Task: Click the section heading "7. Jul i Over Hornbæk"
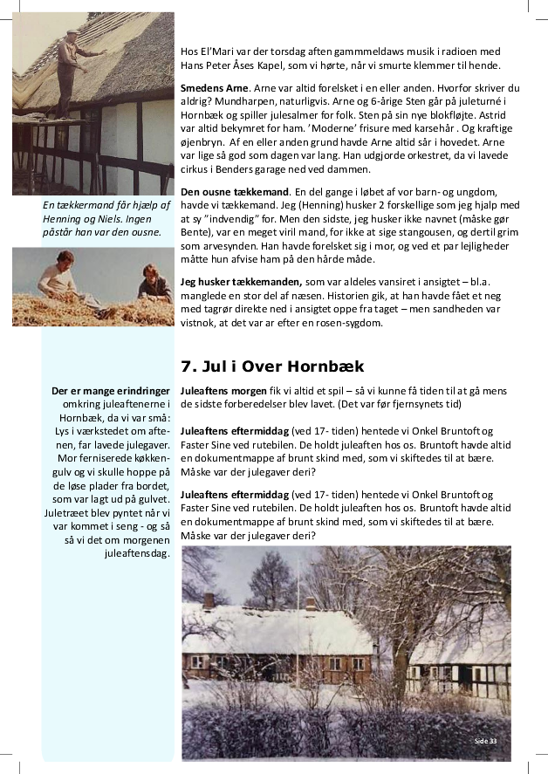pyautogui.click(x=271, y=366)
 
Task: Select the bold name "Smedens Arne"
pyautogui.click(x=214, y=88)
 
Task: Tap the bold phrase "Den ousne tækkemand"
pyautogui.click(x=235, y=191)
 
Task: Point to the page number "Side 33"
pyautogui.click(x=485, y=740)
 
